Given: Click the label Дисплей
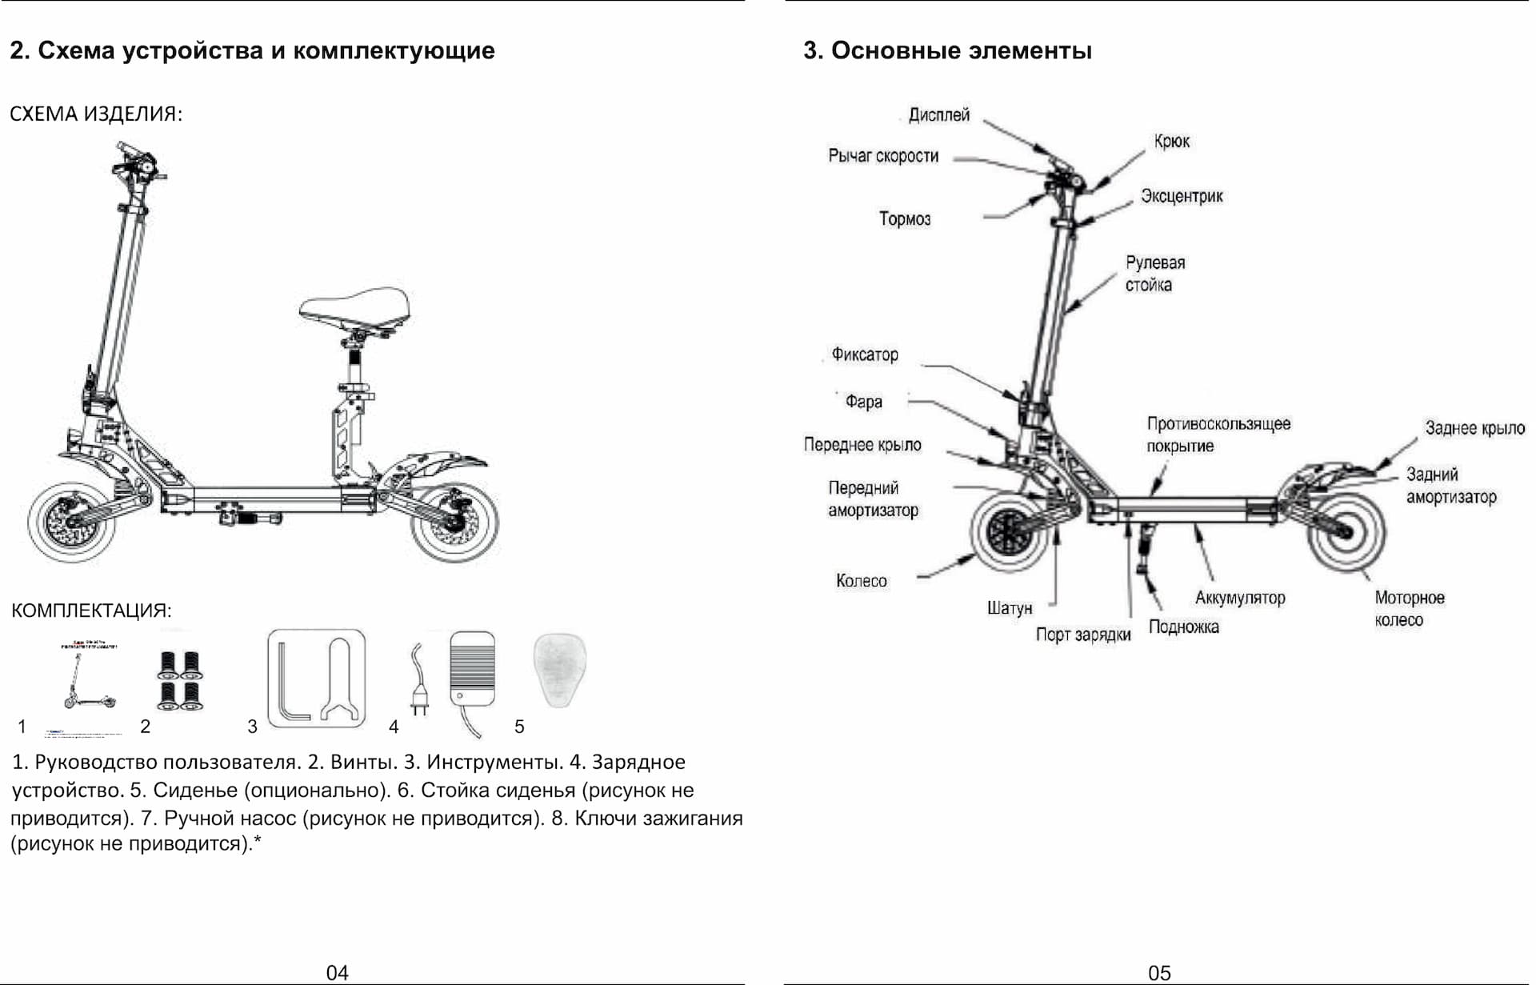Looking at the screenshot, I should (938, 115).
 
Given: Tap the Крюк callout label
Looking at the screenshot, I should (1171, 142).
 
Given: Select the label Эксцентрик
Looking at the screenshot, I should (1182, 197).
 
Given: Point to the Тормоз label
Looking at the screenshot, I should (905, 219).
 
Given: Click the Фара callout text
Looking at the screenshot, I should (864, 402).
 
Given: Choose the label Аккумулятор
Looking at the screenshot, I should (1240, 599).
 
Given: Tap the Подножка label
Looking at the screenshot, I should (1183, 627).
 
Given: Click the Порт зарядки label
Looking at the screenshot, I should (1083, 635).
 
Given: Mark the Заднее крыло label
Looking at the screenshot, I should (1474, 429).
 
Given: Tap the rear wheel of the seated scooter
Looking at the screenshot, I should (454, 522).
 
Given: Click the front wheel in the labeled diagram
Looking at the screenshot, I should (1010, 531).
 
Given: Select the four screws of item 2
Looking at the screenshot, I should (179, 681).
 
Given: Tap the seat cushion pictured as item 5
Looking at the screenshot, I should (559, 670).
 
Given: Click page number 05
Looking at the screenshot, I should (1158, 973).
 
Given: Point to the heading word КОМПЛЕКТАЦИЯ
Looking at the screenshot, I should (91, 611).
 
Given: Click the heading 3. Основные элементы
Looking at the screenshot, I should (947, 51).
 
